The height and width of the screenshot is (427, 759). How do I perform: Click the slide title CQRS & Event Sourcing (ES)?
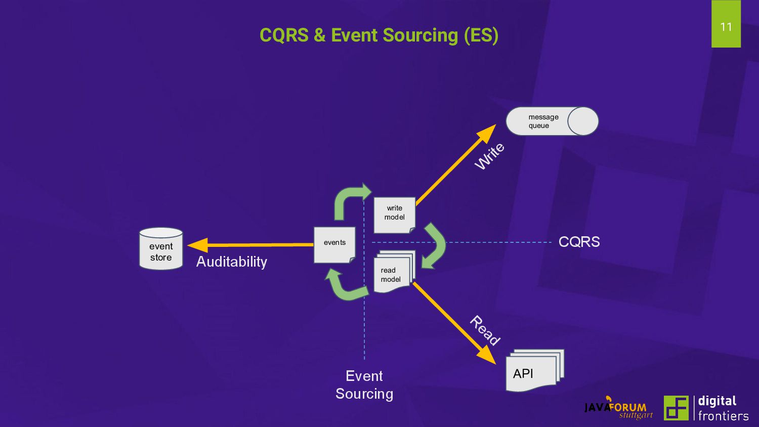tap(379, 35)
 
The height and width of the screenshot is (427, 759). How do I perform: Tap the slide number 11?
tap(726, 27)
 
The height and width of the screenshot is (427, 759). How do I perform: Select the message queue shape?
tap(552, 121)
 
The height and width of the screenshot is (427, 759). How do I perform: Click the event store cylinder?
tap(161, 248)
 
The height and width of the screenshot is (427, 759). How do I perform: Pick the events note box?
tap(334, 245)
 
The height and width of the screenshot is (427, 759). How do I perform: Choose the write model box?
tap(394, 215)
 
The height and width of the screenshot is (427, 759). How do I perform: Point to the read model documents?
tap(394, 272)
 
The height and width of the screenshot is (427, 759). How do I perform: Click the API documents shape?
tap(535, 370)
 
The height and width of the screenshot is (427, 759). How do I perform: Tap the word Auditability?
tap(232, 262)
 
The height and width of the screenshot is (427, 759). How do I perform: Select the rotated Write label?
tap(489, 156)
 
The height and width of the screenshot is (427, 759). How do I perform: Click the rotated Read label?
tap(485, 330)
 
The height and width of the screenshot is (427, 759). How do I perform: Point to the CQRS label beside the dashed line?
tap(579, 242)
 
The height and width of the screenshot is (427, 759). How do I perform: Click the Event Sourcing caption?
tap(364, 385)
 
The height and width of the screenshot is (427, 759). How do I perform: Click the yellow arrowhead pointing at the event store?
tap(197, 245)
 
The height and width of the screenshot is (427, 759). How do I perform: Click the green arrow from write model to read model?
tap(434, 246)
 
